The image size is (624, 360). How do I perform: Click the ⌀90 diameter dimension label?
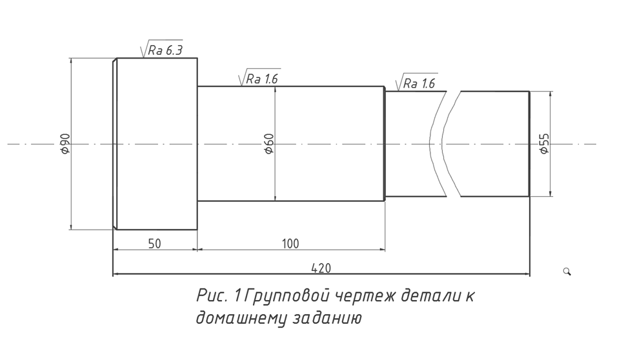(66, 144)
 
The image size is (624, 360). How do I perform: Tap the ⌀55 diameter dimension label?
(544, 143)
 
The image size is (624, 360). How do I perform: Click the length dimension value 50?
(154, 243)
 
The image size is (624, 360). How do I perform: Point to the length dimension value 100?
(290, 243)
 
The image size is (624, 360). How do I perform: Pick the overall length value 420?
(321, 268)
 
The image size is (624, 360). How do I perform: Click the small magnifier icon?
(567, 272)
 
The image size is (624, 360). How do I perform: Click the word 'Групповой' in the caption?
(286, 296)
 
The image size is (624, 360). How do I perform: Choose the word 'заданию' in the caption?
(327, 318)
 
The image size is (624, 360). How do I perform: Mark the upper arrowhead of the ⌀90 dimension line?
(71, 61)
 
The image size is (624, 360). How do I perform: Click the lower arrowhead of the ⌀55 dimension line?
(550, 193)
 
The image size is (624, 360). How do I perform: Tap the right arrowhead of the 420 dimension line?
(527, 274)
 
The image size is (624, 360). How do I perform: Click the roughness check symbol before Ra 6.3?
(145, 49)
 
